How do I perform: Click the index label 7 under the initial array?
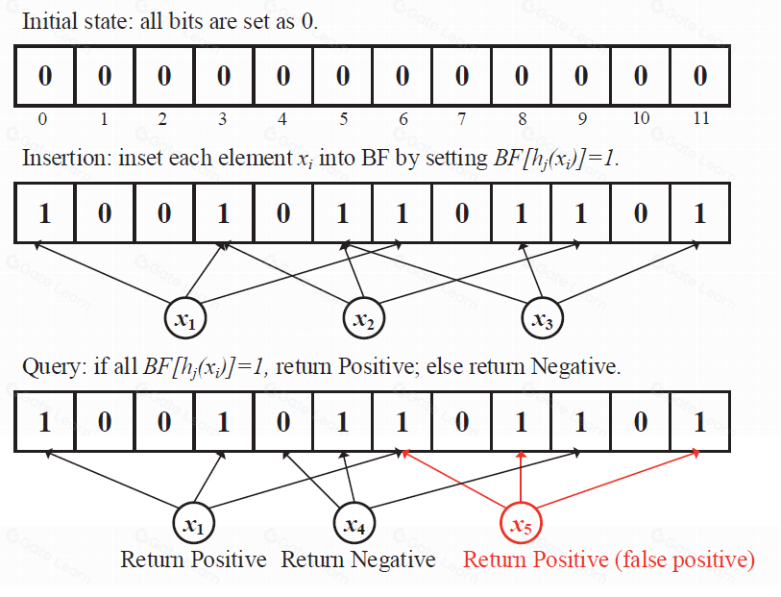[x=462, y=119]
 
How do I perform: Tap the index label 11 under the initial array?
[x=700, y=119]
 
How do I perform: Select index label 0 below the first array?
[x=42, y=119]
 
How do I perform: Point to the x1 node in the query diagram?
[x=194, y=525]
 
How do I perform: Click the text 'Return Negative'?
[x=357, y=560]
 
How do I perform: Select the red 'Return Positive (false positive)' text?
[x=609, y=560]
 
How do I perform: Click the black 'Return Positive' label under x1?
[x=193, y=560]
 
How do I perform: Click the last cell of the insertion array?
[x=699, y=212]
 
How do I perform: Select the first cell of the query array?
[x=44, y=421]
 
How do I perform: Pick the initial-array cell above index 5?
[x=342, y=76]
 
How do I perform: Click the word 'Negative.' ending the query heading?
[x=580, y=369]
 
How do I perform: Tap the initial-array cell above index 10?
[x=640, y=76]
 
